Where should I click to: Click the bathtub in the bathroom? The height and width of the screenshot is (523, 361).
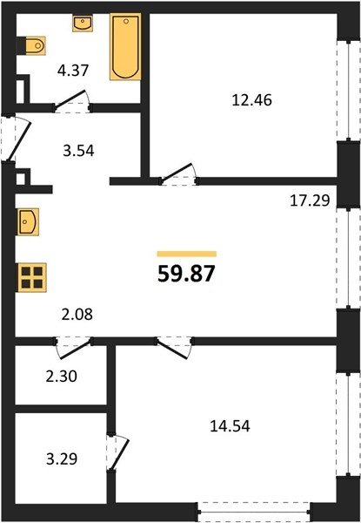pyautogui.click(x=125, y=47)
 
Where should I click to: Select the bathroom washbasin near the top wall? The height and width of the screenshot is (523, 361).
pyautogui.click(x=83, y=23)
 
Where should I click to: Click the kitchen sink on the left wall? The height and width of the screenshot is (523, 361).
pyautogui.click(x=28, y=221)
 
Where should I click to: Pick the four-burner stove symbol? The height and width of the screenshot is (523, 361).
pyautogui.click(x=32, y=277)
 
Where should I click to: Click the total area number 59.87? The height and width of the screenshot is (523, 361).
pyautogui.click(x=186, y=275)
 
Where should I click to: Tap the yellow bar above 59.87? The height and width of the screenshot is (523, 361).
pyautogui.click(x=187, y=255)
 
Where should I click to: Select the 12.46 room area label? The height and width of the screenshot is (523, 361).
pyautogui.click(x=251, y=99)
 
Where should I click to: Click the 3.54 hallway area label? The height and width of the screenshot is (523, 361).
pyautogui.click(x=78, y=151)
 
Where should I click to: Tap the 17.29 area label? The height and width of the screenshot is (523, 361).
pyautogui.click(x=310, y=200)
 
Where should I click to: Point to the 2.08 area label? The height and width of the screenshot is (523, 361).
pyautogui.click(x=77, y=314)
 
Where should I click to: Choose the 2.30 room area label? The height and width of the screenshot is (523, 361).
pyautogui.click(x=62, y=377)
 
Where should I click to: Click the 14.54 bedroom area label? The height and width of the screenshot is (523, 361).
pyautogui.click(x=230, y=426)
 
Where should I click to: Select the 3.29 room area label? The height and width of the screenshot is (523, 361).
pyautogui.click(x=62, y=459)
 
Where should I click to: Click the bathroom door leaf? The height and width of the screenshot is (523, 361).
pyautogui.click(x=70, y=99)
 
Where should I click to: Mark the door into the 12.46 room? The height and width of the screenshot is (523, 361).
pyautogui.click(x=176, y=172)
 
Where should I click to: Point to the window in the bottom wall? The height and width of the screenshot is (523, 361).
pyautogui.click(x=254, y=511)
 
